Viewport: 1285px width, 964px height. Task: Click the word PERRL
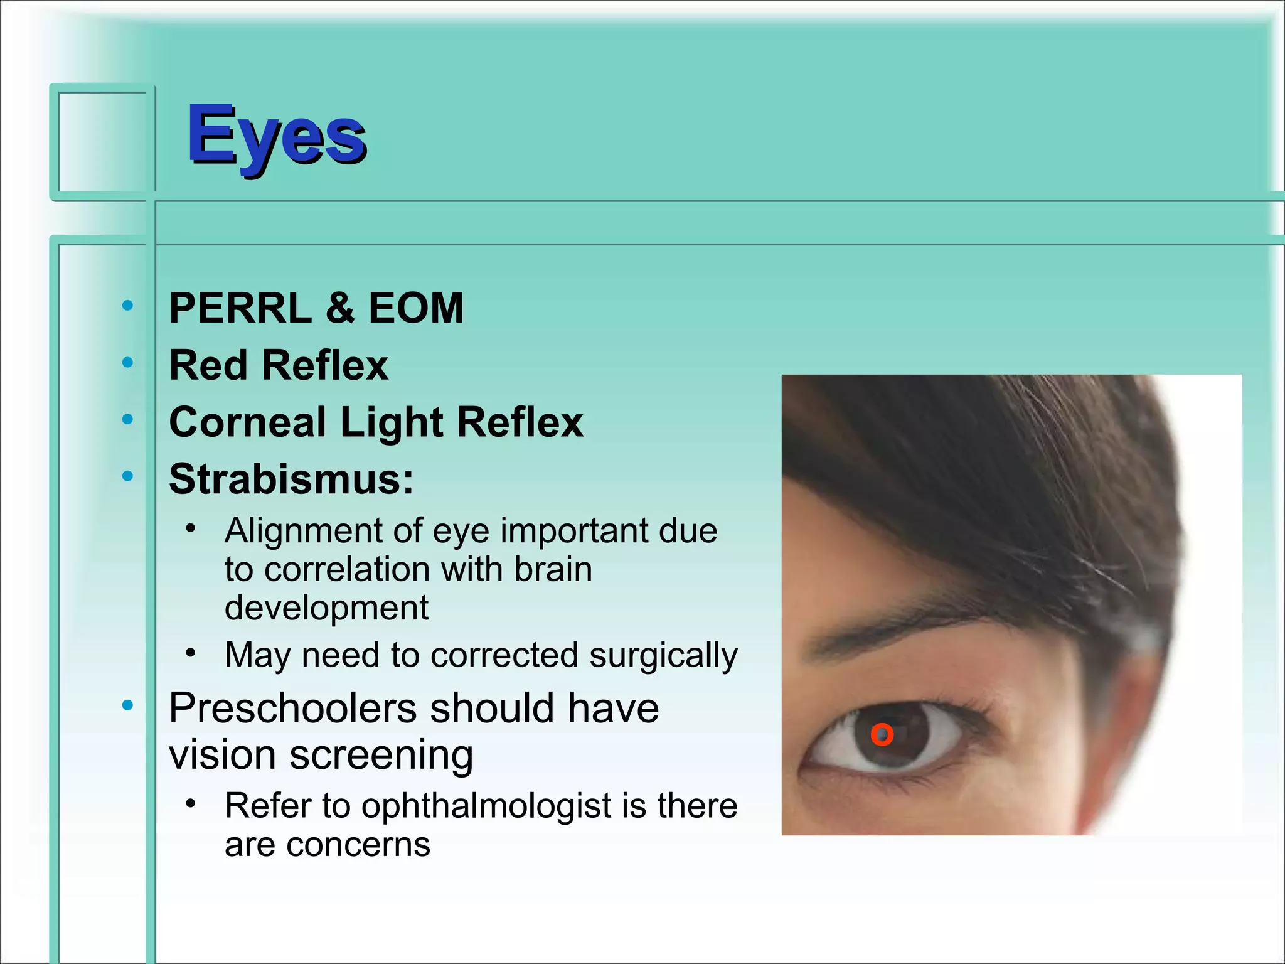coord(240,308)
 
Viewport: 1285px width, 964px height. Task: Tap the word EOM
coord(415,308)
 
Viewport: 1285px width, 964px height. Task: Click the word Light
coord(392,423)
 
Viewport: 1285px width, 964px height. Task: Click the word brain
coord(553,569)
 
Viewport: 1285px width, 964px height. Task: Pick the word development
coord(326,608)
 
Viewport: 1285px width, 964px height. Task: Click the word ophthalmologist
coord(486,806)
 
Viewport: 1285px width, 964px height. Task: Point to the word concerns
coord(358,845)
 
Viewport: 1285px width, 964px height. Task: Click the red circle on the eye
coord(882,734)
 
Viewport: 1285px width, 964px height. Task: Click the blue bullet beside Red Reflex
coord(127,362)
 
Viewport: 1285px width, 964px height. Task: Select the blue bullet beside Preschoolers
coord(127,705)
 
